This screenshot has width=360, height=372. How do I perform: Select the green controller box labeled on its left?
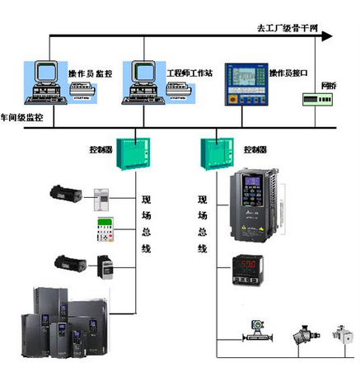(x=133, y=153)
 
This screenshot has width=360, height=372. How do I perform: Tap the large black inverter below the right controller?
(x=255, y=206)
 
